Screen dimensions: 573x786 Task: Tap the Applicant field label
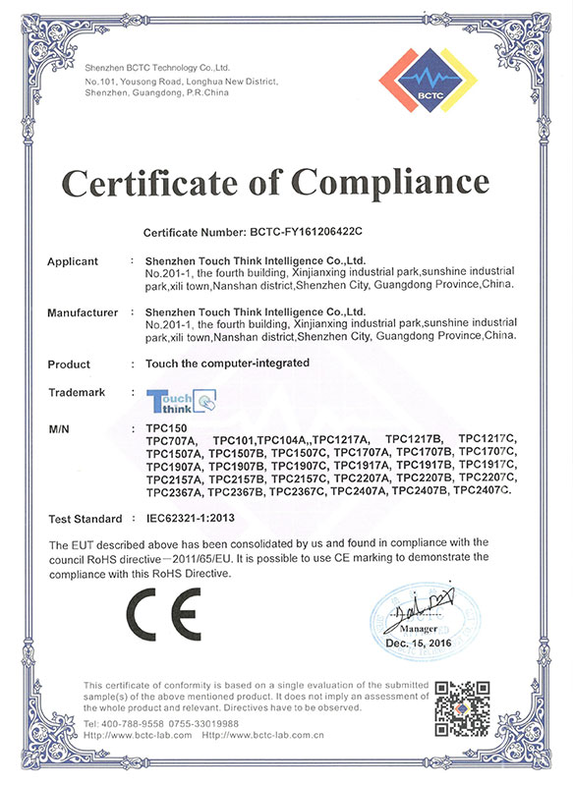point(74,261)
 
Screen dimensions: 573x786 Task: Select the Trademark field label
point(78,390)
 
